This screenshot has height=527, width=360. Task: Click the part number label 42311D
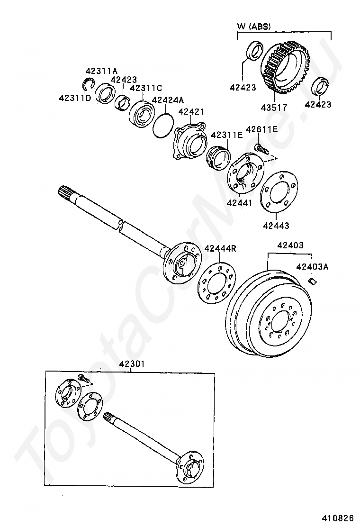(x=75, y=98)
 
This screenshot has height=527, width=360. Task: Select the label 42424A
(x=167, y=100)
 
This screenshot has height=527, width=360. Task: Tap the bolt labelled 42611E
(x=261, y=149)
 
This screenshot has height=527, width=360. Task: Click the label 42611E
(x=262, y=129)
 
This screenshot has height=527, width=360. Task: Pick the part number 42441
(x=240, y=203)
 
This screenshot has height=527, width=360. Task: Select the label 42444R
(x=220, y=248)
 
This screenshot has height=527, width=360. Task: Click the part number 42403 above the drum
(x=290, y=245)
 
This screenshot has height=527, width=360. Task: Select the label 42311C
(x=146, y=88)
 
